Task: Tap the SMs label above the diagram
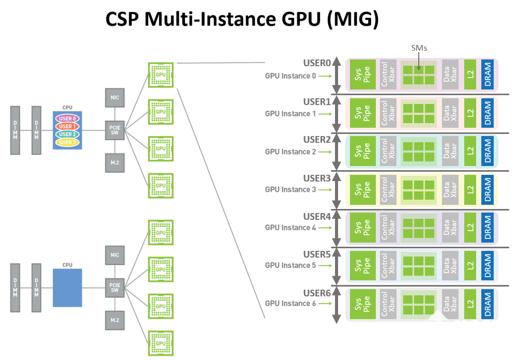(x=419, y=48)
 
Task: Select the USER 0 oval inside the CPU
(x=67, y=118)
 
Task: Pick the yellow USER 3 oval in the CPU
(x=67, y=142)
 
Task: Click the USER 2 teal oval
(x=67, y=134)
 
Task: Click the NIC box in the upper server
(x=115, y=98)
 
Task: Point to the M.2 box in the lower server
(x=115, y=320)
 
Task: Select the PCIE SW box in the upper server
(x=115, y=130)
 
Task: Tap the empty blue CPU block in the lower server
(x=67, y=288)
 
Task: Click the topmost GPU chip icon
(x=161, y=74)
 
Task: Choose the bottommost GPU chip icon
(x=161, y=343)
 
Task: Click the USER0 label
(x=317, y=63)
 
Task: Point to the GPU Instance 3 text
(x=291, y=190)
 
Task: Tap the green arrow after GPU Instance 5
(x=325, y=265)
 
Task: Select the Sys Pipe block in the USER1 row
(x=363, y=113)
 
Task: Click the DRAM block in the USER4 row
(x=487, y=227)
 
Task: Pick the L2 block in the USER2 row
(x=470, y=151)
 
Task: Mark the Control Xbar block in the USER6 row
(x=388, y=304)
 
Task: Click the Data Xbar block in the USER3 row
(x=450, y=190)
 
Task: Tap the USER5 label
(x=317, y=254)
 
